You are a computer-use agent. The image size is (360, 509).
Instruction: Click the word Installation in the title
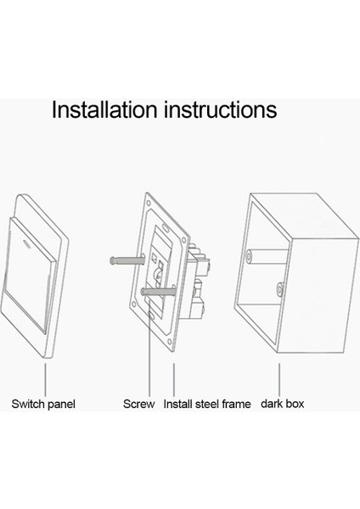(x=104, y=109)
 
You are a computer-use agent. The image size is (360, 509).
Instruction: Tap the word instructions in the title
(x=221, y=109)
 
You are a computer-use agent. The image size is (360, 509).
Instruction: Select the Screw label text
(x=138, y=404)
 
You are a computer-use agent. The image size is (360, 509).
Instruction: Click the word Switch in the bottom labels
(x=28, y=404)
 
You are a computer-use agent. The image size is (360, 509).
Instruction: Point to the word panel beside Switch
(x=61, y=405)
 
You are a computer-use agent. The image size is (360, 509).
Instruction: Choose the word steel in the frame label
(x=207, y=404)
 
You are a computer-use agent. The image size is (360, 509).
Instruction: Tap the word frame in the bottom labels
(x=237, y=404)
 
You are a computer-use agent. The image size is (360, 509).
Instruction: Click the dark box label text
(x=283, y=404)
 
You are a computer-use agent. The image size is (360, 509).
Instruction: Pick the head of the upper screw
(x=113, y=260)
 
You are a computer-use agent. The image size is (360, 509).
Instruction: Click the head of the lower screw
(x=143, y=292)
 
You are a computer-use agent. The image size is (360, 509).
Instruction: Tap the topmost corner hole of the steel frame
(x=149, y=204)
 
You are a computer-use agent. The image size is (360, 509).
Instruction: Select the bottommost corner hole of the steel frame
(x=169, y=342)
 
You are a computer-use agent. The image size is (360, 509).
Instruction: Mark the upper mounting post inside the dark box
(x=267, y=256)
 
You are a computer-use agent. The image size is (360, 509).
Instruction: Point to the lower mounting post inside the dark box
(x=279, y=289)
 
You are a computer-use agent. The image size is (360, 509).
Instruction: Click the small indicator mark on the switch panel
(x=26, y=242)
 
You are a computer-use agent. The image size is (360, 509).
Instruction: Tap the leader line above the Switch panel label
(x=45, y=379)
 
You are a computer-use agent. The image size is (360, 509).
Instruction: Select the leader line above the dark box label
(x=279, y=379)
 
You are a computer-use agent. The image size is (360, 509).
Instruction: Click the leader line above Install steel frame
(x=174, y=379)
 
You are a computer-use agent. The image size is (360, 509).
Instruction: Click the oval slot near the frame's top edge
(x=166, y=227)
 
